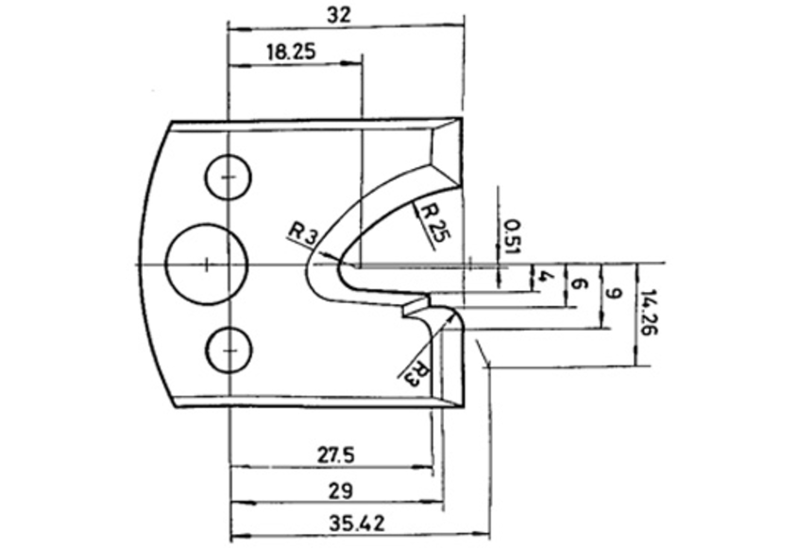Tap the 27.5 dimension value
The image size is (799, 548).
coord(334,455)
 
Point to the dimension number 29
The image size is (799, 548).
coord(342,490)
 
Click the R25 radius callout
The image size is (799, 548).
coord(431,222)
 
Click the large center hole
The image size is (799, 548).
coord(206,264)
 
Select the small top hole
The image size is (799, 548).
coord(228,177)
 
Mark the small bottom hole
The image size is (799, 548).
coord(228,350)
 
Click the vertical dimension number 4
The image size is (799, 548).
coord(544,276)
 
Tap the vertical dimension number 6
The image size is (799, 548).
coord(577,283)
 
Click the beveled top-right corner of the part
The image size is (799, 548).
coord(446,151)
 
